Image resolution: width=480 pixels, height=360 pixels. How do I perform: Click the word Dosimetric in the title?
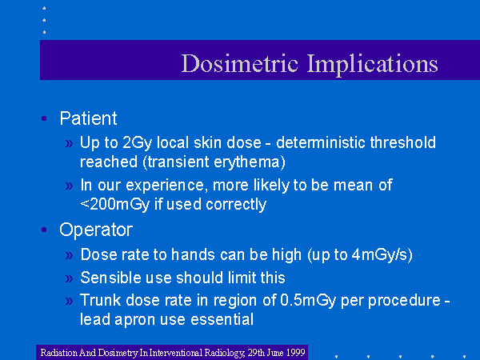click(x=240, y=63)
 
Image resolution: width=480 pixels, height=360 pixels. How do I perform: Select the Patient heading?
click(x=88, y=118)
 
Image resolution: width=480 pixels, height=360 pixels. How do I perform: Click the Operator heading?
click(x=96, y=230)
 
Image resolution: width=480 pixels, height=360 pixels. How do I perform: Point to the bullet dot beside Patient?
click(x=44, y=118)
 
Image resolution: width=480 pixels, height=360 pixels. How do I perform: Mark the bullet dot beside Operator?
click(x=44, y=230)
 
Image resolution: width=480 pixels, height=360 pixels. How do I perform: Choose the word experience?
click(x=165, y=186)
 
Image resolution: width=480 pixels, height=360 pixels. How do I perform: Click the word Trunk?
click(x=101, y=300)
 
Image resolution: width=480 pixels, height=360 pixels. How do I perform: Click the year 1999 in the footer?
click(x=295, y=352)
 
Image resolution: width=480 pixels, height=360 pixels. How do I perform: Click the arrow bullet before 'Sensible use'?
click(x=69, y=278)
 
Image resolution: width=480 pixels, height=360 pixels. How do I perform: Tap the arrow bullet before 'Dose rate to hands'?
click(x=69, y=255)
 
